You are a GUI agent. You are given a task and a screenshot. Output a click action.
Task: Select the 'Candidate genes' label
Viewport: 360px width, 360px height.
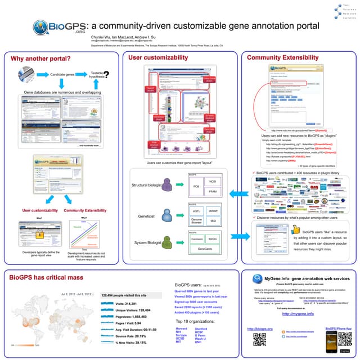click(x=64, y=74)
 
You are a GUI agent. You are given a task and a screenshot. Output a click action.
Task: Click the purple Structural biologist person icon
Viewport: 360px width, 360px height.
click(x=166, y=185)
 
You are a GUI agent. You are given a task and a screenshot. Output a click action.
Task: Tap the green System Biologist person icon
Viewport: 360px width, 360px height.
click(x=166, y=242)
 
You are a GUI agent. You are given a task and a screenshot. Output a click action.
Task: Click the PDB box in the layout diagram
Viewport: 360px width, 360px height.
click(x=196, y=186)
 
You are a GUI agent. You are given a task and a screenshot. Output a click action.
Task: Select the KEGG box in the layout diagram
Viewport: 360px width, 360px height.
click(x=213, y=239)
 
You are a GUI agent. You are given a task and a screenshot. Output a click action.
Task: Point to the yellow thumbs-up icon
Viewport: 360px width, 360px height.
click(x=296, y=229)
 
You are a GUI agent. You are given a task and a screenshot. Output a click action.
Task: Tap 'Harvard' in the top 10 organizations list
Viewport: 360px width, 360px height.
click(x=181, y=328)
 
